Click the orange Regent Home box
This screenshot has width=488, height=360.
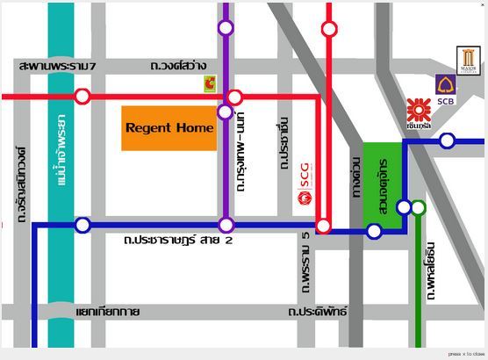tap(169, 128)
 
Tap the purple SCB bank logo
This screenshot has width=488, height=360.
tap(446, 86)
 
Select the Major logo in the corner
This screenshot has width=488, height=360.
tap(469, 61)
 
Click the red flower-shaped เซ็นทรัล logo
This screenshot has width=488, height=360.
tap(419, 110)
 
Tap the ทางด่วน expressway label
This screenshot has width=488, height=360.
tap(355, 177)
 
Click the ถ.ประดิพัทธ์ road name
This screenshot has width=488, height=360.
tap(311, 312)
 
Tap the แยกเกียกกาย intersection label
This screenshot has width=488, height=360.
tap(108, 312)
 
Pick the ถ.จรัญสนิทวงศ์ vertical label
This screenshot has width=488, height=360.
tap(21, 183)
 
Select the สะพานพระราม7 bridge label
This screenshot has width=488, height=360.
tap(57, 66)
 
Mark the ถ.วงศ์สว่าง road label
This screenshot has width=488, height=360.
tap(179, 66)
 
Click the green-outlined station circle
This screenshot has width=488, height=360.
tap(419, 208)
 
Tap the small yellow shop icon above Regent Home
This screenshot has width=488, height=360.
tap(210, 83)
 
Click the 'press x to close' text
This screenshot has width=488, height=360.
tap(466, 354)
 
